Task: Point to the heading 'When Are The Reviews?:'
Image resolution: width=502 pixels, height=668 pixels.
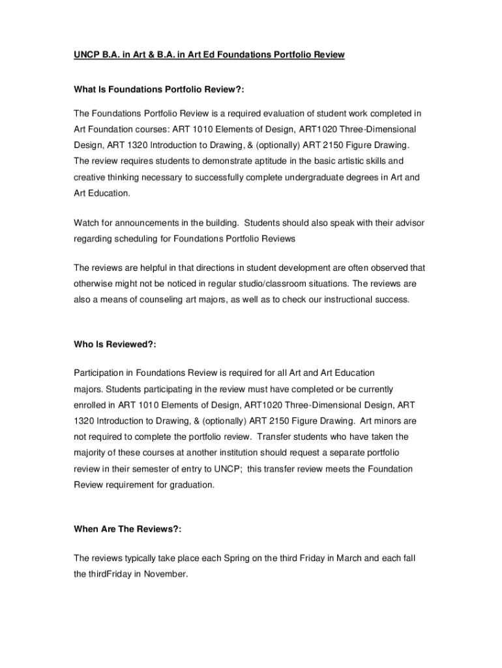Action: [x=127, y=529]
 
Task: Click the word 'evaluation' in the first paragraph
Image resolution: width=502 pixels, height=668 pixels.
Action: [x=274, y=114]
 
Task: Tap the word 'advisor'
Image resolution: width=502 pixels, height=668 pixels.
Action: [x=409, y=223]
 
